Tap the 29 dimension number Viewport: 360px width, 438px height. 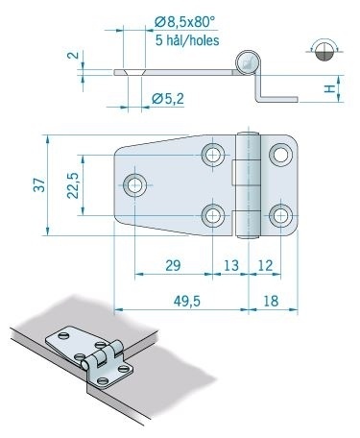click(x=172, y=264)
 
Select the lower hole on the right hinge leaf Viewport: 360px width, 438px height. click(x=279, y=213)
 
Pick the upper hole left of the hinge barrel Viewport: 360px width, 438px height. click(x=213, y=154)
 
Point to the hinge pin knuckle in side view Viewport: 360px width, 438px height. click(x=247, y=63)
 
